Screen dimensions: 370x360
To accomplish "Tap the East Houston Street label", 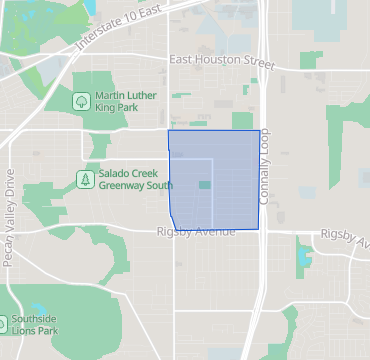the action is tap(221, 61).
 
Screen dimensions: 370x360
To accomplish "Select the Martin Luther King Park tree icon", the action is tap(81, 100).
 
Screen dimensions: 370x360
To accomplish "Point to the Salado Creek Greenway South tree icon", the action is tap(85, 179).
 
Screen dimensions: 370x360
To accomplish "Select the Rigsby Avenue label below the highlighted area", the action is tap(194, 232).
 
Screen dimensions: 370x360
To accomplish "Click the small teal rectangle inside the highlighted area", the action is tap(204, 185).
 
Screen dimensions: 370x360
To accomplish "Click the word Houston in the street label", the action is tap(217, 61).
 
